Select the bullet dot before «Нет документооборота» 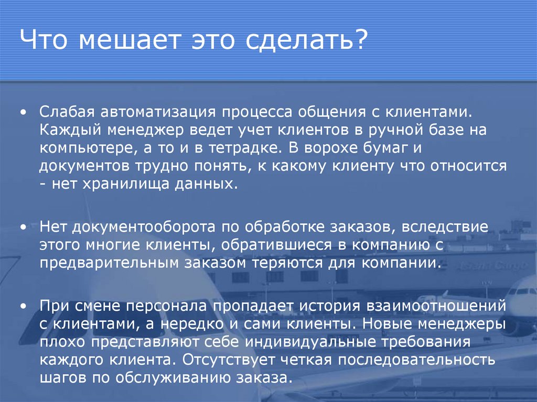coord(24,227)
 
